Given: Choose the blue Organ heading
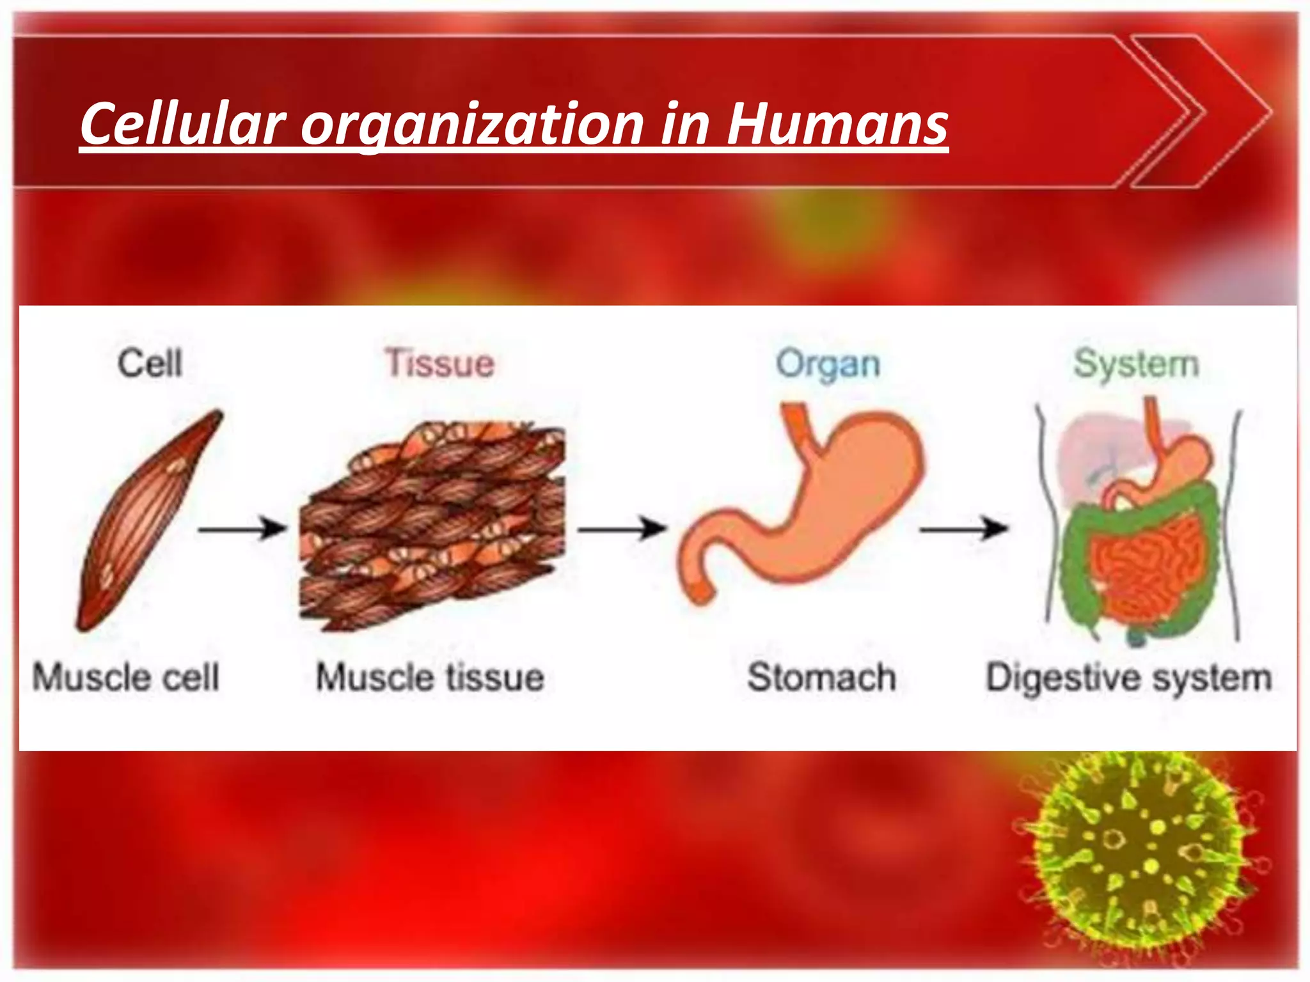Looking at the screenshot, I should point(828,364).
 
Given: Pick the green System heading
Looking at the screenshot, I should point(1136,364).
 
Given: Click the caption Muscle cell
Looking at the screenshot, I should point(126,677).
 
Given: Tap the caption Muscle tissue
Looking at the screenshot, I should point(430,677).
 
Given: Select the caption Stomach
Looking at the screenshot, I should point(822,677).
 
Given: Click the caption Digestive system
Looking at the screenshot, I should point(1128,678).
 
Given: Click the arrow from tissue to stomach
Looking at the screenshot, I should point(621,529).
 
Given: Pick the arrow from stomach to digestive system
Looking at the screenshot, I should point(963,529).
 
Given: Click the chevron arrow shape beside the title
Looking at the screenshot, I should point(1203,112).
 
